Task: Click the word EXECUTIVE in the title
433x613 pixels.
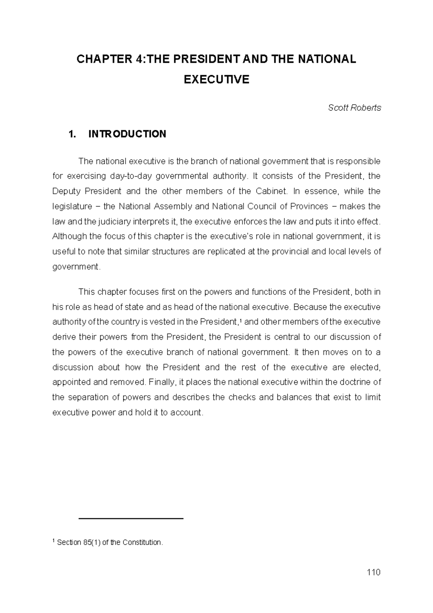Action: (216, 79)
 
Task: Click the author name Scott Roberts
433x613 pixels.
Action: (354, 108)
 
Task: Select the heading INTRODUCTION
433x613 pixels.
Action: (127, 134)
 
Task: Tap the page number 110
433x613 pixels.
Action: (373, 573)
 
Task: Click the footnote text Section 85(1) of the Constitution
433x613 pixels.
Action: (110, 543)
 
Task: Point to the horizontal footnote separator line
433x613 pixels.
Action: (131, 519)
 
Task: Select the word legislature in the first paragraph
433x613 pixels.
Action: (72, 206)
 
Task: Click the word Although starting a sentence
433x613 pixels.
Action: (69, 236)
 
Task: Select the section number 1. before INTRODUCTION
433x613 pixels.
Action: (72, 134)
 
